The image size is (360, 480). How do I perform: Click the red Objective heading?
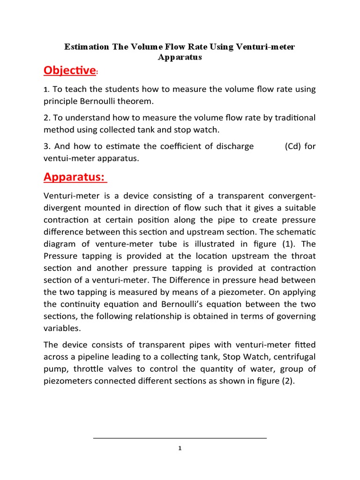[x=69, y=70]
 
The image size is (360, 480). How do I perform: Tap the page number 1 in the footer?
[x=180, y=448]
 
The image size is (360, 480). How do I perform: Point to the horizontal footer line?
[x=180, y=438]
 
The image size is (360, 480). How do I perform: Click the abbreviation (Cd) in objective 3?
[x=293, y=146]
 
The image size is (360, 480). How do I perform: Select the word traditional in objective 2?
[x=292, y=117]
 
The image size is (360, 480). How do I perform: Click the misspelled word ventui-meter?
[x=67, y=158]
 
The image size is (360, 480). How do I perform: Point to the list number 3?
[x=45, y=146]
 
